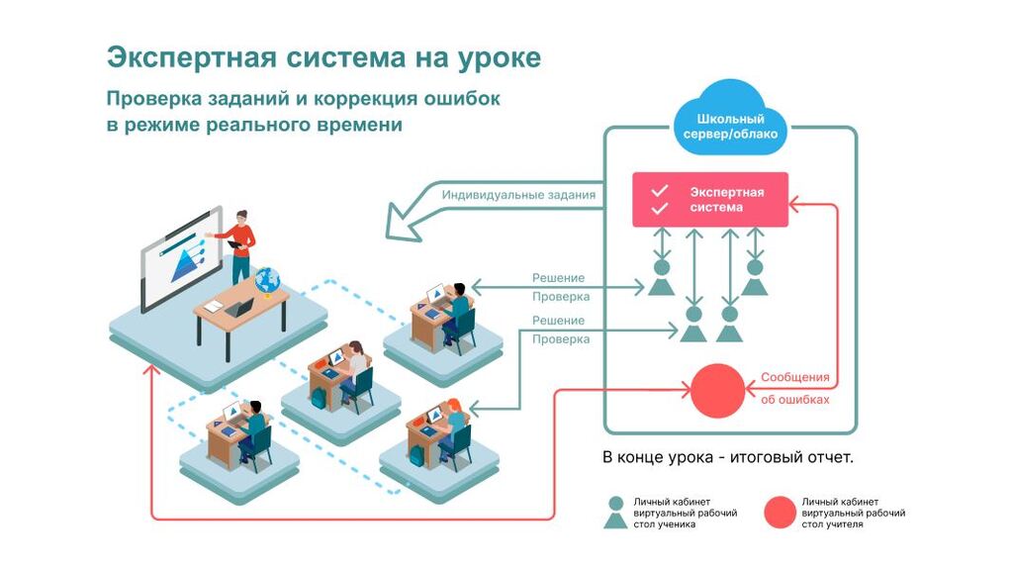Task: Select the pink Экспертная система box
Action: tap(710, 200)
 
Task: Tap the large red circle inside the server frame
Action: tap(716, 391)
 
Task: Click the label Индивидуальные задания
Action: tap(518, 195)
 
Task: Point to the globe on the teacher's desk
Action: tap(267, 281)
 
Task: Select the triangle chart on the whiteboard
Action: tap(184, 263)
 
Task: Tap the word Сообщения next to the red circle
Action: tap(794, 377)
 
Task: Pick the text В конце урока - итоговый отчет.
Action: tap(727, 458)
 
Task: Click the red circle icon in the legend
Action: tap(781, 512)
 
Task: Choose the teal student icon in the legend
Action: tap(616, 512)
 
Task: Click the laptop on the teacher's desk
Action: tap(238, 308)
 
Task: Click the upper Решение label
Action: tap(558, 278)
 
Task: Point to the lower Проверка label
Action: tap(561, 339)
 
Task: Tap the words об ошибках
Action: tap(795, 400)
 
